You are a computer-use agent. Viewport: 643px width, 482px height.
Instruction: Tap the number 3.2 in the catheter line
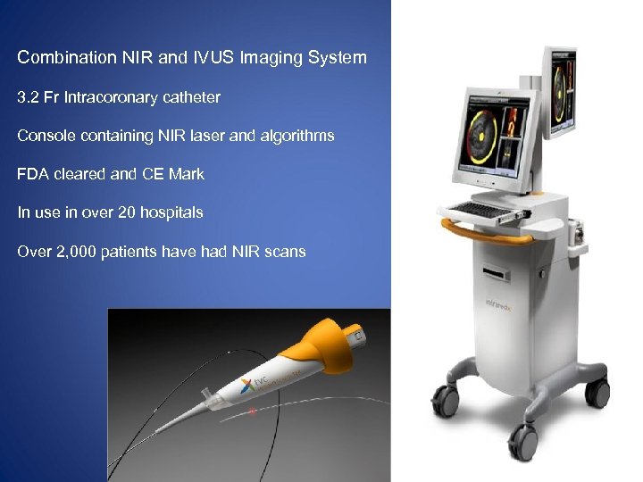click(29, 96)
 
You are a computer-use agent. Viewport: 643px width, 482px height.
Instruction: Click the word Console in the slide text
click(46, 136)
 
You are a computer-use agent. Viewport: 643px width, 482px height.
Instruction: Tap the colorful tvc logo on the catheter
click(254, 385)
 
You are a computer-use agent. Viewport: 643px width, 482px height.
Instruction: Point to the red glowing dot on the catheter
click(254, 412)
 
